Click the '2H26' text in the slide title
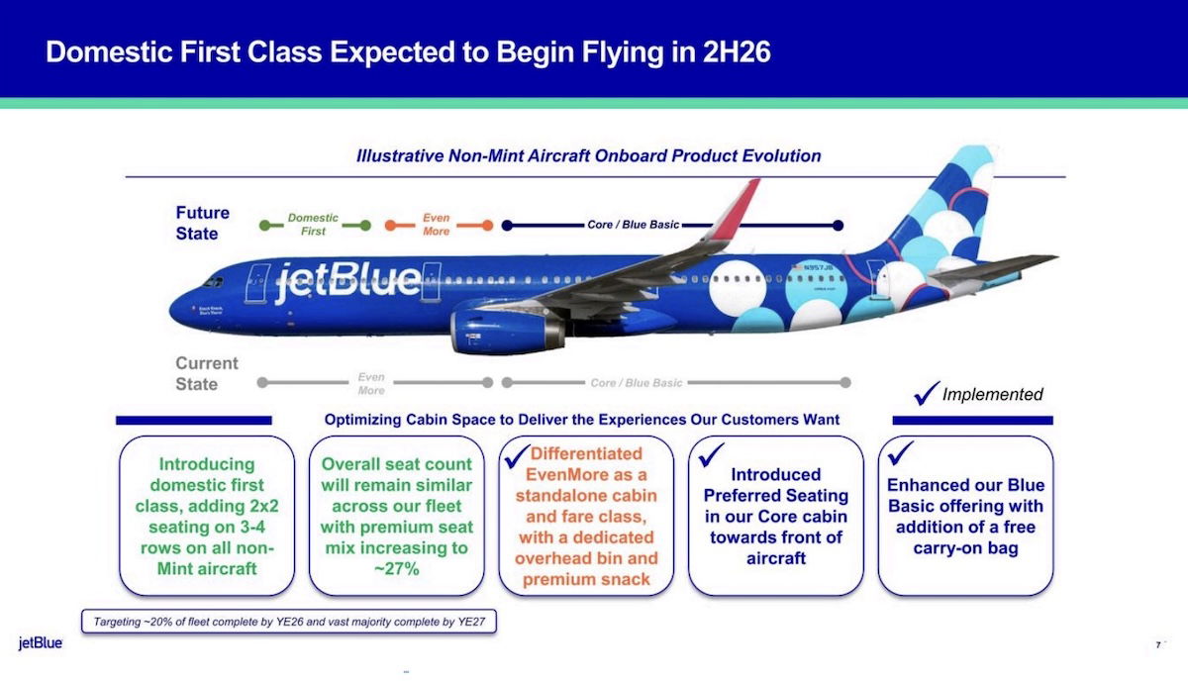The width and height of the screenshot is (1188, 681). pos(737,52)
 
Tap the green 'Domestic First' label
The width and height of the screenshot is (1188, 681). pos(313,225)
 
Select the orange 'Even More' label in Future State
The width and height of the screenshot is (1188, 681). pos(436,225)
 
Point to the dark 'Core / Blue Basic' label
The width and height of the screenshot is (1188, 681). pos(633,225)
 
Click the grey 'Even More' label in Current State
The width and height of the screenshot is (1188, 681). pos(370,383)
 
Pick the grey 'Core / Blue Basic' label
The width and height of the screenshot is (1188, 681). pos(636,383)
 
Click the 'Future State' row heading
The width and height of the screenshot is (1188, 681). pos(202,223)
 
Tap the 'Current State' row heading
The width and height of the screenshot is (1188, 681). pos(206,373)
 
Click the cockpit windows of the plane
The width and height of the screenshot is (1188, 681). pos(213,282)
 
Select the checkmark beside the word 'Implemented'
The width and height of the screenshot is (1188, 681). pos(927,393)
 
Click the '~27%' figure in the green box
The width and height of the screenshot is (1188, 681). pos(397,568)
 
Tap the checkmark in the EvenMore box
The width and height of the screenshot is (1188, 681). pos(517,456)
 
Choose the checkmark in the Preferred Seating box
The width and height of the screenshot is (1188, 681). pos(711,455)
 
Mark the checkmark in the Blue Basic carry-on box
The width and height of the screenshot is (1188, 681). pos(901,453)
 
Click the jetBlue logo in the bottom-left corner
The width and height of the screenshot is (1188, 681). pos(41,642)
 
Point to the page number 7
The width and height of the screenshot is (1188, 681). pos(1158,645)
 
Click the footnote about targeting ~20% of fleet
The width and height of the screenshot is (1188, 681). pos(289,622)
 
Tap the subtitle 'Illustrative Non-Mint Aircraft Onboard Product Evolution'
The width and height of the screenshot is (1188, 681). pos(589,156)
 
